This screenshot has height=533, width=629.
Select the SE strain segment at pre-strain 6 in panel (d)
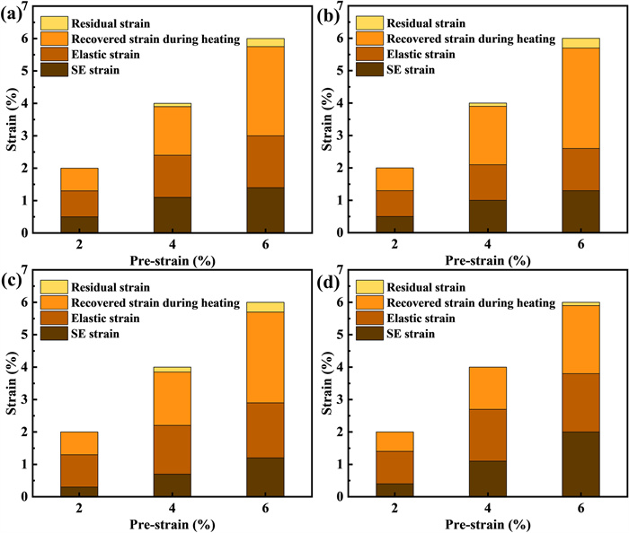(x=580, y=464)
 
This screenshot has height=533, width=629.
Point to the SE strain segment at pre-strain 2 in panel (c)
(x=79, y=491)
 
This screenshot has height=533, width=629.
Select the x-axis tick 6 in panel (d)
(x=580, y=507)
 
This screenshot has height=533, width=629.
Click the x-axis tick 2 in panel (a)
(x=79, y=243)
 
